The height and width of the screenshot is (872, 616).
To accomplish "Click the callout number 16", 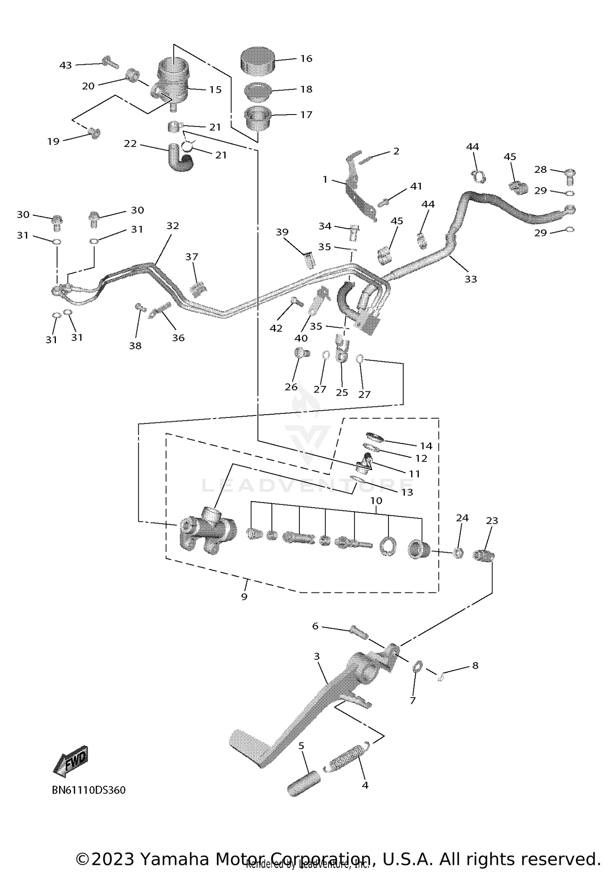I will click(x=306, y=59).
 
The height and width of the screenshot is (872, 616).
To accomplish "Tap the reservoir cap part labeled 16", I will click(x=257, y=60).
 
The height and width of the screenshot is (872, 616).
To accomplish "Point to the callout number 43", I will click(x=66, y=65).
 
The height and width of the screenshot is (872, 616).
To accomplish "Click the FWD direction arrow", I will click(x=71, y=760).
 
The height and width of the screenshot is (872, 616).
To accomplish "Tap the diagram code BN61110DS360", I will click(x=88, y=790).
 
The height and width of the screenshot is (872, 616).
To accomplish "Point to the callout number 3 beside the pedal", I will click(x=317, y=656).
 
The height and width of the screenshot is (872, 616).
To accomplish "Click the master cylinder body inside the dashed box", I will click(x=207, y=530).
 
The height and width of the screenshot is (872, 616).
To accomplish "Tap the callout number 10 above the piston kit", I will click(x=376, y=501).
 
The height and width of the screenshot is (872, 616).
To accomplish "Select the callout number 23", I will click(x=492, y=521).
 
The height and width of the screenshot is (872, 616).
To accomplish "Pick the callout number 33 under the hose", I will click(x=471, y=279).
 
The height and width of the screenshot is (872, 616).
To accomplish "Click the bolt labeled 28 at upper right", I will click(x=570, y=175).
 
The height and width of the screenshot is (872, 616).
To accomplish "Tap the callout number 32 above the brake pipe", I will click(x=173, y=226).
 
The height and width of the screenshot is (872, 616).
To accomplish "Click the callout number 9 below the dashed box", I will click(x=244, y=597).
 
